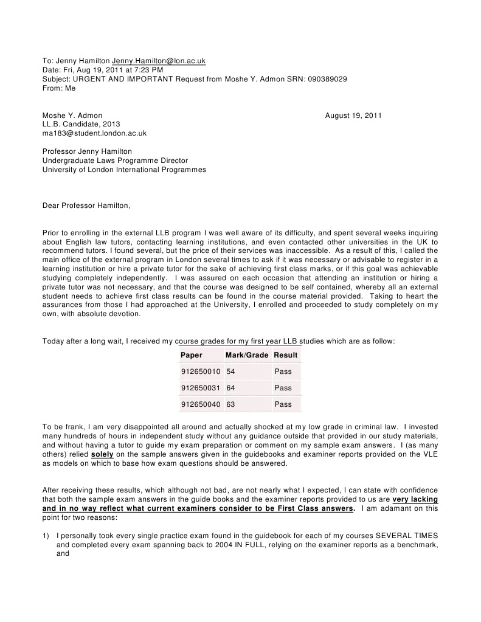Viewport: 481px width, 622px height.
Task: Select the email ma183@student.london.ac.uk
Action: [94, 133]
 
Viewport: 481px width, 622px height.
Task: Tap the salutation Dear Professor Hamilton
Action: [86, 206]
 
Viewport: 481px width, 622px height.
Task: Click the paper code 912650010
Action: [201, 371]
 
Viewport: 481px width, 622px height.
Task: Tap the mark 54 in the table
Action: [230, 371]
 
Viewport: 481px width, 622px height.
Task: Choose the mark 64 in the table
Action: [230, 388]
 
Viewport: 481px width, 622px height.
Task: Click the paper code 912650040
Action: [201, 404]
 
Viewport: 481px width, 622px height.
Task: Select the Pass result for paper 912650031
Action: [283, 388]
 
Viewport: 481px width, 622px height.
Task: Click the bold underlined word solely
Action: [102, 454]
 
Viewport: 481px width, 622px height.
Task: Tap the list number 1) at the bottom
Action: [46, 535]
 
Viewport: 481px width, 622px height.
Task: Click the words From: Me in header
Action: [59, 88]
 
